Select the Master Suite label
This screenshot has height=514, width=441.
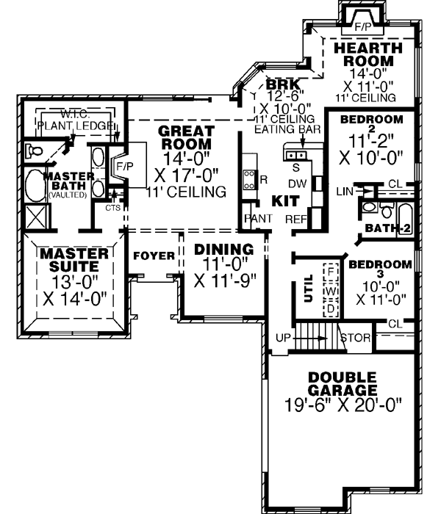click(x=74, y=260)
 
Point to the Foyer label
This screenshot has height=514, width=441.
click(x=154, y=256)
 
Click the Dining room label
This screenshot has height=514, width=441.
click(x=223, y=250)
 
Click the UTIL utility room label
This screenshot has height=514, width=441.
click(x=309, y=289)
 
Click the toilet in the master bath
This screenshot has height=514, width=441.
click(x=32, y=152)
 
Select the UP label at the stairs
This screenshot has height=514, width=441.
click(x=282, y=339)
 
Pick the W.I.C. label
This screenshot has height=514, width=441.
click(x=76, y=115)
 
